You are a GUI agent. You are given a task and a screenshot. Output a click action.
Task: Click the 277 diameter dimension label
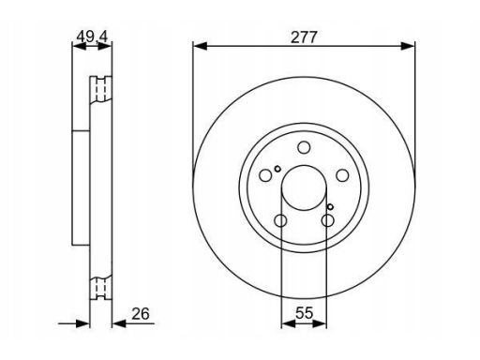304,37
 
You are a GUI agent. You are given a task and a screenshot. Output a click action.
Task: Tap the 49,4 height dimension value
92,37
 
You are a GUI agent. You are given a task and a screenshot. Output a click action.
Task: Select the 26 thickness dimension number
141,314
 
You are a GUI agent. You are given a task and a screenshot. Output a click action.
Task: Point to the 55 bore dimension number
304,313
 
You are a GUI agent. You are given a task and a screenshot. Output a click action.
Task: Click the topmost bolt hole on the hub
304,147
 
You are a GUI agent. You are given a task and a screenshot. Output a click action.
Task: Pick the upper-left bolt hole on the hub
265,175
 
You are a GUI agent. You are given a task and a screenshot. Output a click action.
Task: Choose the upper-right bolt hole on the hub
342,175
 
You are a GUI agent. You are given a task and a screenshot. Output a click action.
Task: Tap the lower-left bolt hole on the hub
280,220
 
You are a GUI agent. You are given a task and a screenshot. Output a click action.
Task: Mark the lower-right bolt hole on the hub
327,220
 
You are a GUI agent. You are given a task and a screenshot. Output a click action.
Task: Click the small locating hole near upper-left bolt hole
277,169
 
